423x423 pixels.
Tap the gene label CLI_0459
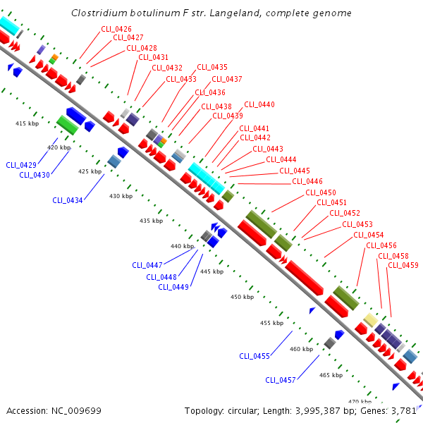tap(404, 265)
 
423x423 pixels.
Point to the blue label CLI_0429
tap(21, 165)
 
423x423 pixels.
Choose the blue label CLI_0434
tap(68, 200)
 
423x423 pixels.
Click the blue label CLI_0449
tap(173, 287)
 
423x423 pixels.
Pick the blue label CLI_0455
tap(255, 356)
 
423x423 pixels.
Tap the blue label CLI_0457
tap(281, 380)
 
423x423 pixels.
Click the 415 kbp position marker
tap(27, 123)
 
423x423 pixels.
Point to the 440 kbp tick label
tap(182, 246)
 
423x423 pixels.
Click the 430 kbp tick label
tap(121, 196)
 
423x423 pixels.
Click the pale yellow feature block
tap(370, 320)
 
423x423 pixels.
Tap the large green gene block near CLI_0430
tap(67, 125)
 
